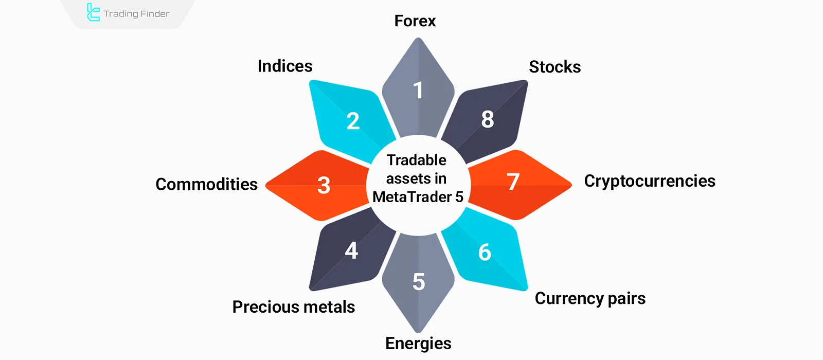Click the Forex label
coord(415,21)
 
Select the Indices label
coord(285,66)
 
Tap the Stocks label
coord(554,67)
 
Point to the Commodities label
coord(206,184)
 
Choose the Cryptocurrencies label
coord(649,181)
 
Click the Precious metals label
coord(293,307)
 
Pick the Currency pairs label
coord(590,299)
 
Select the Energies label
coord(418,344)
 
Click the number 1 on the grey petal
coord(418,91)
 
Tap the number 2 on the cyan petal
coord(353,121)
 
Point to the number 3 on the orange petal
coord(324,185)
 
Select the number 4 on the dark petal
coord(351,251)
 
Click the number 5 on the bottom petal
coord(419,282)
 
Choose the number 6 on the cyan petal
coord(485,253)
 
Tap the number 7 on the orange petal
coord(513,182)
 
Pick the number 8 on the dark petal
coord(488,119)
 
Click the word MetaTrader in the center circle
coord(412,197)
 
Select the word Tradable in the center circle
coord(417,160)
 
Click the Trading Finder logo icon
coord(93,13)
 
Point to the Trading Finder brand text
coord(136,14)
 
